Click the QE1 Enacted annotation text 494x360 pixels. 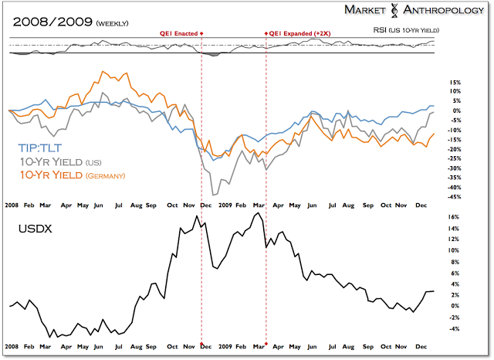click(178, 33)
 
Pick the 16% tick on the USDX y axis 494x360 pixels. click(453, 217)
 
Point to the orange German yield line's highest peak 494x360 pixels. click(103, 73)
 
